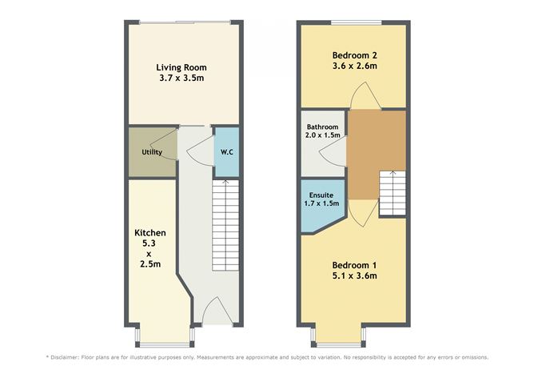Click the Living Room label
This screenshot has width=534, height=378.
[181, 67]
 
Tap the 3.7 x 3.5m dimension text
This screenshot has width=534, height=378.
[181, 78]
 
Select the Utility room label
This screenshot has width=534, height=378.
[152, 152]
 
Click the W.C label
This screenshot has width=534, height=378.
[227, 152]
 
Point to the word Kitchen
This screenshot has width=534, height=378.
[150, 233]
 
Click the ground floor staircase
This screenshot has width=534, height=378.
[225, 225]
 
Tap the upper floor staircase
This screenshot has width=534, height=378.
[393, 193]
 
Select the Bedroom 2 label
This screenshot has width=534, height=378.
[354, 55]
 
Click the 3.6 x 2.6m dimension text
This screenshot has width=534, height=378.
[354, 66]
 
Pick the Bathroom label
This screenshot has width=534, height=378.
[322, 127]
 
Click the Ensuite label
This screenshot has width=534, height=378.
[321, 195]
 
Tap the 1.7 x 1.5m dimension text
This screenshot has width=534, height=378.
[321, 203]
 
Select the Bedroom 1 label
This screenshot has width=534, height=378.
[354, 265]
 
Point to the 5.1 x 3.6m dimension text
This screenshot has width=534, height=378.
[354, 275]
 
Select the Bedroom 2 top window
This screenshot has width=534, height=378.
[357, 23]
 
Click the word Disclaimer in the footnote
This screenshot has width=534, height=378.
[65, 357]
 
